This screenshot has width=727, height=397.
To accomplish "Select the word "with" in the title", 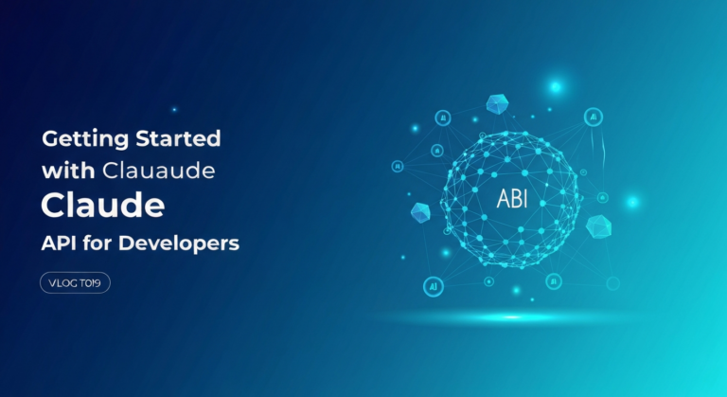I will (x=62, y=172).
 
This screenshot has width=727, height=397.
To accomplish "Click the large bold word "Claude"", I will (x=103, y=206).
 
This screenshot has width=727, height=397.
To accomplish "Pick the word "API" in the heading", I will (x=61, y=244).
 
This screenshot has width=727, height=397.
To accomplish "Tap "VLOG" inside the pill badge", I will (x=62, y=282).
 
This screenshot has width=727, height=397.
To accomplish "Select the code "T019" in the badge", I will (x=94, y=282).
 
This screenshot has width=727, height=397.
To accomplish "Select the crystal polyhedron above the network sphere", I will (x=497, y=103).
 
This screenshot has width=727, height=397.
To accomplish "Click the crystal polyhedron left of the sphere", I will (x=420, y=213).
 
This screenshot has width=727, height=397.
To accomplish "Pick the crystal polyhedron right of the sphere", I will (x=597, y=226).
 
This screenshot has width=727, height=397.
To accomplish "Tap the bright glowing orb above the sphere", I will (x=556, y=87).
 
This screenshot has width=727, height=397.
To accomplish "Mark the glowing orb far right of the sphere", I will (x=631, y=202).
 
